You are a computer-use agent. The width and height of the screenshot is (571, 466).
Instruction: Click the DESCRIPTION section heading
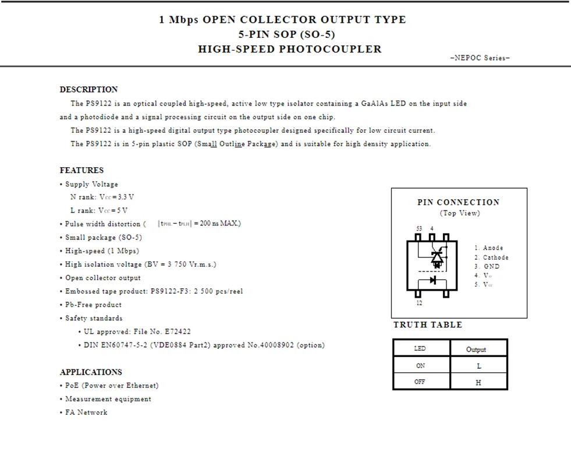click(88, 90)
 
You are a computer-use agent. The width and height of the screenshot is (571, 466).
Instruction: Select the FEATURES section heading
click(81, 171)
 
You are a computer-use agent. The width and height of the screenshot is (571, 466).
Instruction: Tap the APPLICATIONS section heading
click(91, 372)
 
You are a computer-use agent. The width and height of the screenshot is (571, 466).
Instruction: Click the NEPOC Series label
click(480, 58)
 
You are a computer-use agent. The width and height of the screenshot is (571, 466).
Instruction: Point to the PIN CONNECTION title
click(459, 203)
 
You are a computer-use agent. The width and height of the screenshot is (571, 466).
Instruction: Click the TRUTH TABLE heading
click(428, 325)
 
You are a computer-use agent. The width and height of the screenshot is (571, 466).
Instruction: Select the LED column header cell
click(420, 348)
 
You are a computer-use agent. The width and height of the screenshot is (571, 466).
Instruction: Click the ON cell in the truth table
click(420, 366)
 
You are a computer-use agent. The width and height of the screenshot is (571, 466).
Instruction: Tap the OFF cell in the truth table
click(420, 382)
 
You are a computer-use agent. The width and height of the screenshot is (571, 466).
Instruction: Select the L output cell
click(478, 366)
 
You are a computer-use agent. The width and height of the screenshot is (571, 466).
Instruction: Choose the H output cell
click(478, 383)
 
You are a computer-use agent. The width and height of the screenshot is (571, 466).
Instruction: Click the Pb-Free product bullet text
click(93, 305)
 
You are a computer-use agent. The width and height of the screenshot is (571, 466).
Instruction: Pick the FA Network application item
click(86, 412)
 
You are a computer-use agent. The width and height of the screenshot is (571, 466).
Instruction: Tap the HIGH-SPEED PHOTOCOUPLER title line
click(290, 50)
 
